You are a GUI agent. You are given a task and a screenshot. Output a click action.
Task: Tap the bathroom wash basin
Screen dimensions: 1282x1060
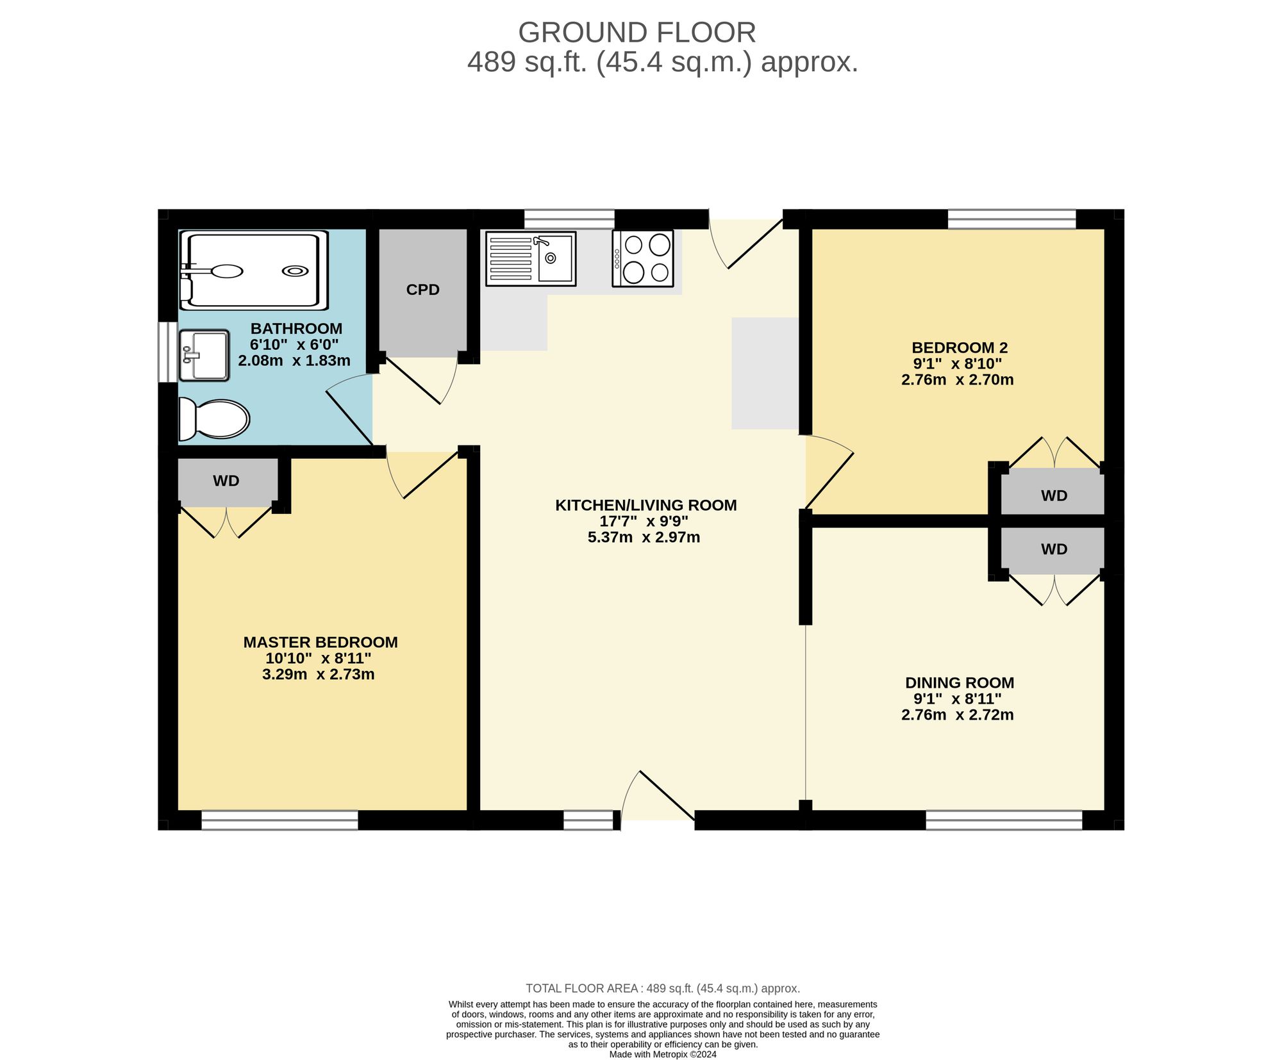204,355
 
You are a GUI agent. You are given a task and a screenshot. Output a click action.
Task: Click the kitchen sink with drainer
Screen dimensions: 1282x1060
531,258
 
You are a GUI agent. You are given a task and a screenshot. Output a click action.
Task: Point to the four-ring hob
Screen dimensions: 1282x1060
643,258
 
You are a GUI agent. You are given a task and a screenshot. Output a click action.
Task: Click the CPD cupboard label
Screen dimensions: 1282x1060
423,290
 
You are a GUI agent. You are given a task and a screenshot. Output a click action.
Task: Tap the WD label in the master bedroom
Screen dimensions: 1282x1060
226,481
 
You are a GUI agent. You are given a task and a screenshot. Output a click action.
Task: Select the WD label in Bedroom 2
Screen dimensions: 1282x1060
1054,495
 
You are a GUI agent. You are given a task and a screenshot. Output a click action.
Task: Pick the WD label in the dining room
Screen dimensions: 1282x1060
1054,549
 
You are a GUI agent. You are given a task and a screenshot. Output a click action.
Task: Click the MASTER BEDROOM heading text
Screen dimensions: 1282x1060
320,642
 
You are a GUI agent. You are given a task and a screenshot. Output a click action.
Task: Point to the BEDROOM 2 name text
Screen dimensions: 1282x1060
960,348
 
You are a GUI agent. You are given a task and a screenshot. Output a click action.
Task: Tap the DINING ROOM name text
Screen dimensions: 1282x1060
960,683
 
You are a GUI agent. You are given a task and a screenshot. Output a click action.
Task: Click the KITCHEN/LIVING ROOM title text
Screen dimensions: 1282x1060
646,505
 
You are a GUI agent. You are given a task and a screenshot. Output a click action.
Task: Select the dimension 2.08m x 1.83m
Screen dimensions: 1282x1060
294,361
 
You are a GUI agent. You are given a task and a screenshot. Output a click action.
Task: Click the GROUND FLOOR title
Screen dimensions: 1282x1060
637,32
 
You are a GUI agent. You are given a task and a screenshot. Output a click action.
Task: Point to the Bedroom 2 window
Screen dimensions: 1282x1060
1012,219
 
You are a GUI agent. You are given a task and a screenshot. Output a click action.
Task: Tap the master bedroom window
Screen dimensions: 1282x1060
280,820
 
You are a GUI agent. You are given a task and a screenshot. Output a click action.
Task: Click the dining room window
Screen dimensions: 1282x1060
1004,820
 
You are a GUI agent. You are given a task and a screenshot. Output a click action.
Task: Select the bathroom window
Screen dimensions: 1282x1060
168,352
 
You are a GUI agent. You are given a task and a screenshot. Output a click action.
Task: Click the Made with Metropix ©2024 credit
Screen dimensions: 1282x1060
663,1054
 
